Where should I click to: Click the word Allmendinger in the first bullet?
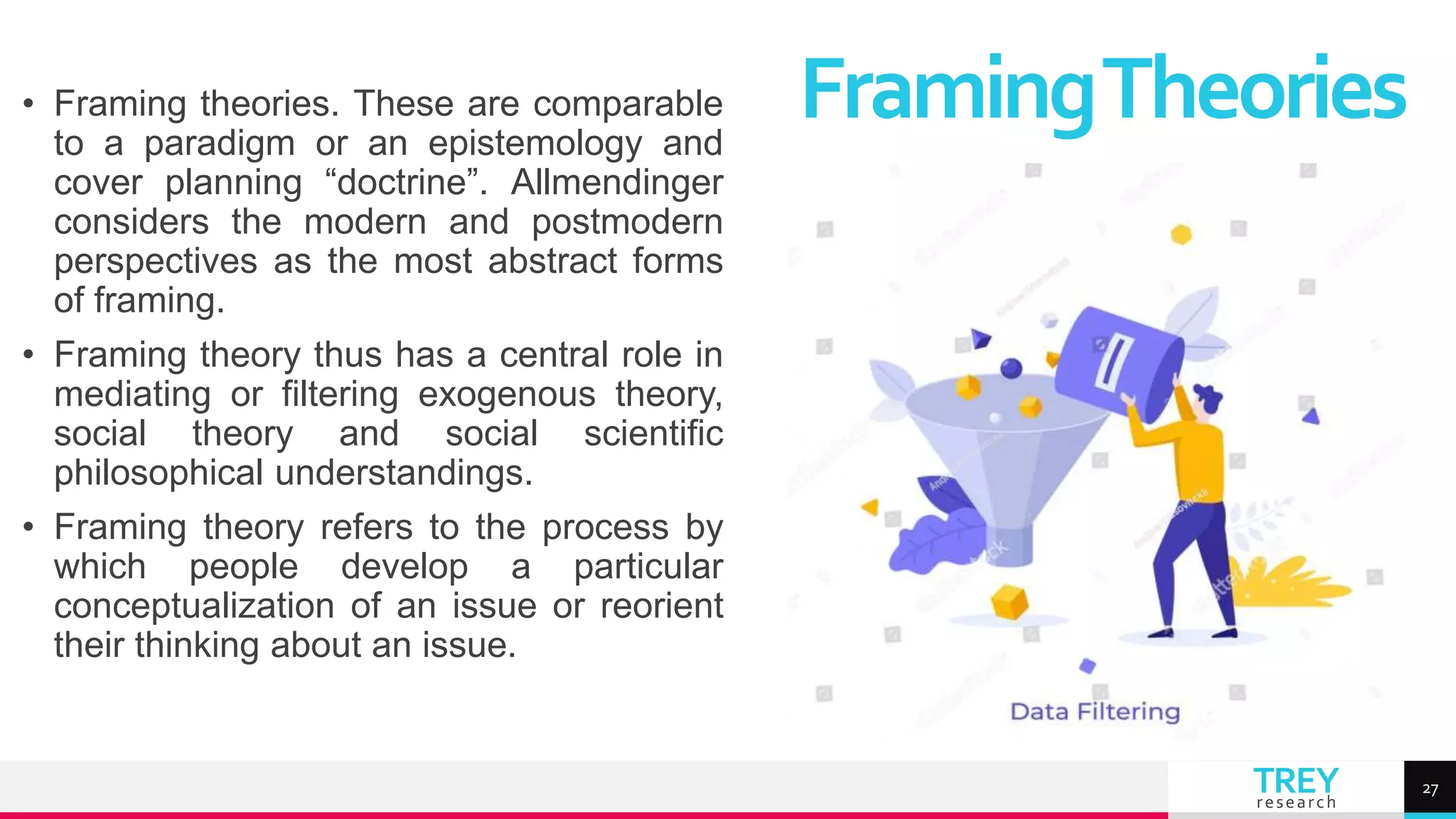[x=616, y=183]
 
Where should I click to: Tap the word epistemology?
[x=535, y=143]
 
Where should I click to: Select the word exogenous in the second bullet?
[x=506, y=394]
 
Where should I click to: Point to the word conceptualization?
[x=194, y=606]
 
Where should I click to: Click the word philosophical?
[x=159, y=473]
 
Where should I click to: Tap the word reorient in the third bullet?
[x=661, y=606]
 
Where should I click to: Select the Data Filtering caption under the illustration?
[x=1095, y=712]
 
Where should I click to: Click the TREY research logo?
[x=1295, y=787]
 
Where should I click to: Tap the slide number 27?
[x=1430, y=789]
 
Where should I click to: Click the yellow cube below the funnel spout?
[x=1010, y=602]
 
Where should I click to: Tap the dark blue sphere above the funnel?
[x=1011, y=368]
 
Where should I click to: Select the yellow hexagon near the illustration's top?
[x=1181, y=234]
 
